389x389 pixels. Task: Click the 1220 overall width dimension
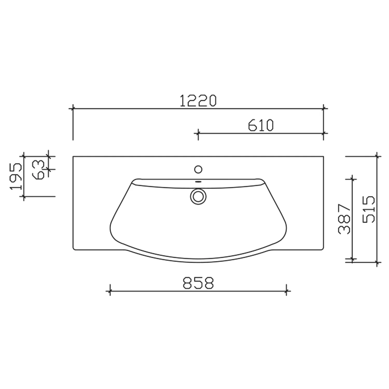coord(198,101)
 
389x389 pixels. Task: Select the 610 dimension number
coord(261,126)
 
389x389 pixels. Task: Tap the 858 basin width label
coord(198,283)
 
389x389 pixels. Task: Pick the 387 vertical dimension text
coord(345,219)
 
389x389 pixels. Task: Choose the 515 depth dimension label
coord(369,209)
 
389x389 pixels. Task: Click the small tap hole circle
coord(198,170)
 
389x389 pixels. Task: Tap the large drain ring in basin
coord(198,196)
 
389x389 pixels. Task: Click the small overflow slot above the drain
coord(198,182)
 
